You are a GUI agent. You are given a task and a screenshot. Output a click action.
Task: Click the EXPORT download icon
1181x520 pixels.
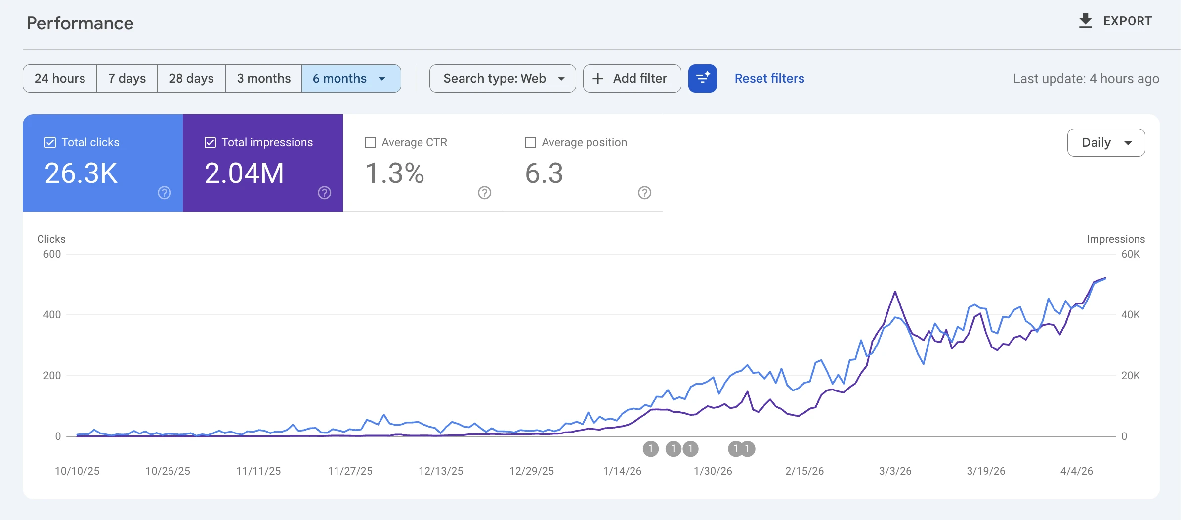[1085, 21]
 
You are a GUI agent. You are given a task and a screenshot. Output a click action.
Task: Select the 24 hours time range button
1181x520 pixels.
[60, 79]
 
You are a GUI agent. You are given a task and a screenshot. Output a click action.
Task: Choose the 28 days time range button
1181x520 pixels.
[191, 79]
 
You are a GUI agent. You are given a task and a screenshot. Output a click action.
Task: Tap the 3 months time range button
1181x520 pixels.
[263, 79]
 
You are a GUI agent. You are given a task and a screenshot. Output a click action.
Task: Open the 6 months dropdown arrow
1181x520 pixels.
[382, 79]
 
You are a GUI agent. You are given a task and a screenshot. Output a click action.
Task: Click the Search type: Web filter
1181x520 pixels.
[503, 79]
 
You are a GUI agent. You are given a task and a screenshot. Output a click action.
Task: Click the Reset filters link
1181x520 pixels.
[769, 79]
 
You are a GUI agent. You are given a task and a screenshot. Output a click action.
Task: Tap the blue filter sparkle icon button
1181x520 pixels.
[702, 79]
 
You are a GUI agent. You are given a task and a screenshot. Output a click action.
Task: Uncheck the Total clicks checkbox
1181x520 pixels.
[50, 143]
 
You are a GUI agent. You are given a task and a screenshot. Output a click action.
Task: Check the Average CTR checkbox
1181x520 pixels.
[370, 143]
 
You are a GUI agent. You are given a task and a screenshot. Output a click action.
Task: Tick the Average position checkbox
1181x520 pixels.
[530, 143]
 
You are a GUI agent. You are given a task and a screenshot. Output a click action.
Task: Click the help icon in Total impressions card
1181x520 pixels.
[324, 193]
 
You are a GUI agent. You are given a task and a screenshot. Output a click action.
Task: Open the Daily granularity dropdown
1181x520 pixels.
[1106, 143]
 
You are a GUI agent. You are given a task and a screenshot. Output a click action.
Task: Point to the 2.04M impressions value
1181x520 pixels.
[244, 173]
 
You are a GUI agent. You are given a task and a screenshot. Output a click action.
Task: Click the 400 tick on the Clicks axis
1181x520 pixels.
[52, 315]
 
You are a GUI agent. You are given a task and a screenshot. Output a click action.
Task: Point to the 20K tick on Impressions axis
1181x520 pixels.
[1130, 376]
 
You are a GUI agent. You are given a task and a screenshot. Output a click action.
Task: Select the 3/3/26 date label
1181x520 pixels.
[895, 471]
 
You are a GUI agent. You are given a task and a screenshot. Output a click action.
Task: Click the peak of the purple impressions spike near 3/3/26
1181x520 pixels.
[895, 292]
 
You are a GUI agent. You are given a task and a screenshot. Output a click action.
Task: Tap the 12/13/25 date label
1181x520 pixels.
[441, 471]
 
